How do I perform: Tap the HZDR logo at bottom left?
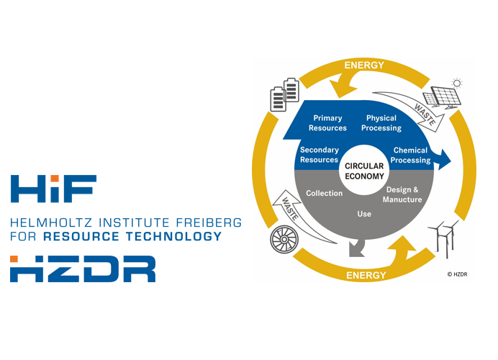click(83, 268)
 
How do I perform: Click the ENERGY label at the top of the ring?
click(364, 66)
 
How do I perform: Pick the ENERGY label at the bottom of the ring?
click(365, 275)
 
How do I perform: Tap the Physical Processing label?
click(381, 123)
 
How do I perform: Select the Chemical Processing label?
click(411, 155)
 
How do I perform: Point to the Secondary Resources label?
click(319, 155)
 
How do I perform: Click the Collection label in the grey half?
click(324, 193)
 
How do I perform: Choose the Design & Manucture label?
click(402, 194)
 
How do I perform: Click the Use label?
click(364, 214)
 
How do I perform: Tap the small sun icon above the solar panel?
click(457, 83)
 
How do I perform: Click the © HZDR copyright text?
click(457, 274)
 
